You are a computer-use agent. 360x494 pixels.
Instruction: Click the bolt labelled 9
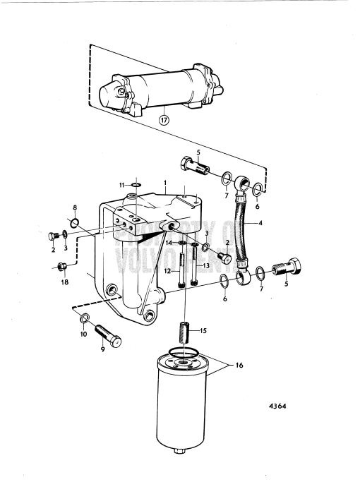108,341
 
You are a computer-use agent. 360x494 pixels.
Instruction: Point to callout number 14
169,243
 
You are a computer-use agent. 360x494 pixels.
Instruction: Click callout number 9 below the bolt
103,359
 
